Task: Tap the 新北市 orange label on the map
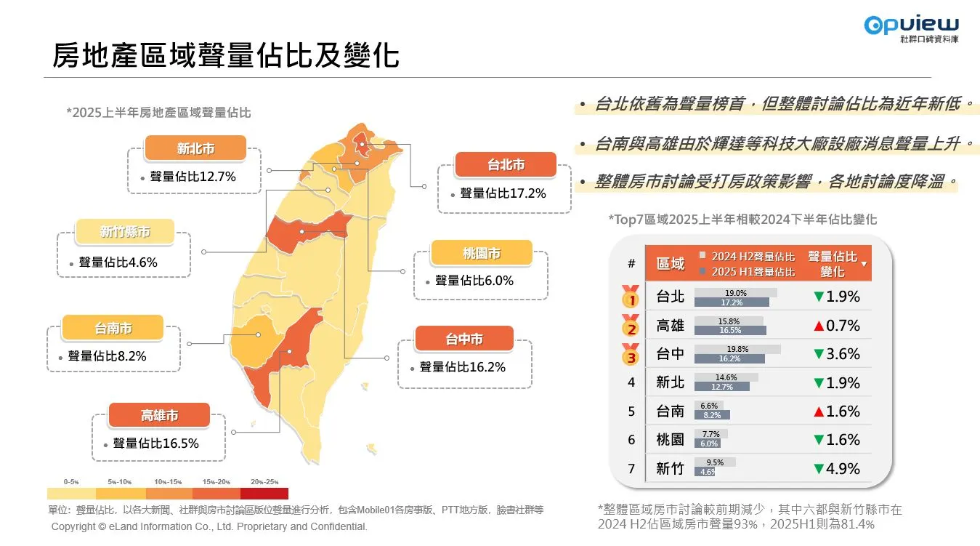[195, 148]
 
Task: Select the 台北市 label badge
[506, 166]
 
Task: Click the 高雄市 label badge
[159, 416]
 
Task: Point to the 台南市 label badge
[113, 329]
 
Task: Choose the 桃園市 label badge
[481, 254]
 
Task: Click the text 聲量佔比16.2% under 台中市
[462, 367]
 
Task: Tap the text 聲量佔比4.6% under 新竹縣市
[118, 262]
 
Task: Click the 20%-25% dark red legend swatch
[264, 493]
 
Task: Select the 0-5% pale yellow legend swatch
[71, 493]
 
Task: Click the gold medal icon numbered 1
[631, 297]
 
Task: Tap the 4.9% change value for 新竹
[843, 469]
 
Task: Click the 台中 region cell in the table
[670, 354]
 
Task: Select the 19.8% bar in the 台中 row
[737, 349]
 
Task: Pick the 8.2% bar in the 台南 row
[711, 415]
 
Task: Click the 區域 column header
[670, 263]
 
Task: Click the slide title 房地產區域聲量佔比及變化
[226, 55]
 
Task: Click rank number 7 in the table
[631, 469]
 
